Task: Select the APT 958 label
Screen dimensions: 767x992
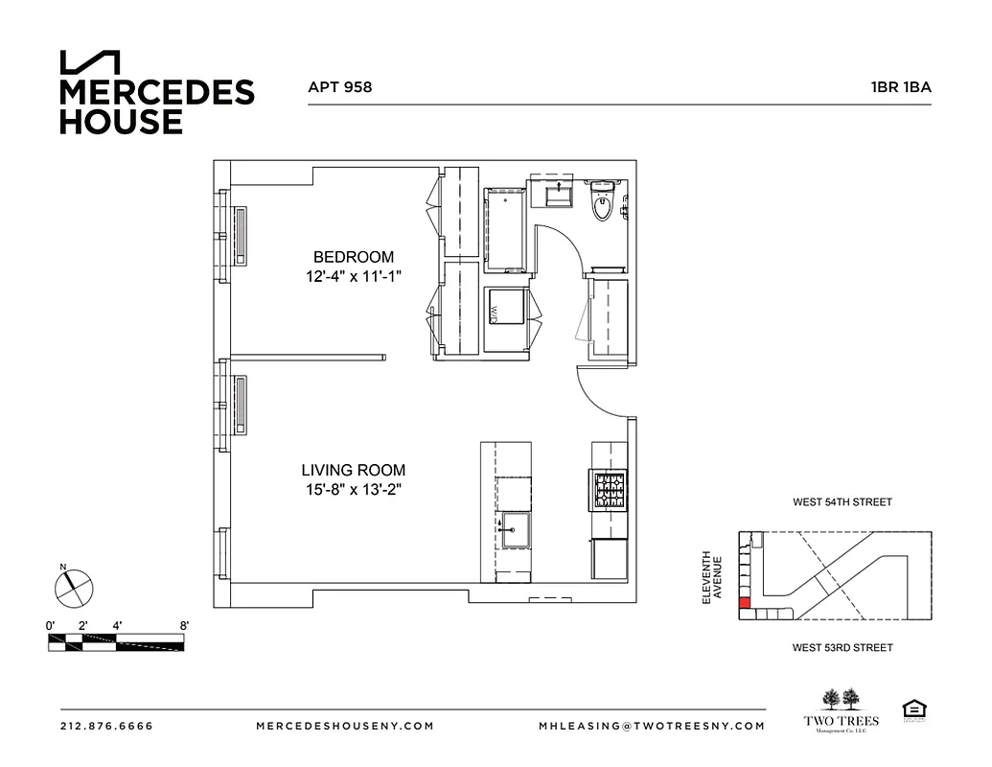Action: click(x=339, y=86)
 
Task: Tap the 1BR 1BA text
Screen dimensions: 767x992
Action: click(x=900, y=86)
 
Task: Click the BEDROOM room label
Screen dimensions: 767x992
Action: click(x=354, y=257)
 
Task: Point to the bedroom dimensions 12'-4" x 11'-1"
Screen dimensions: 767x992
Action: click(x=354, y=276)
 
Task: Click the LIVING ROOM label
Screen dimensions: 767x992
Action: click(x=353, y=471)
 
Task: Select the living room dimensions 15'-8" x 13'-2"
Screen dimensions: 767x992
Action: click(x=353, y=490)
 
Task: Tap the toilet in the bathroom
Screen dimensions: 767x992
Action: click(x=602, y=202)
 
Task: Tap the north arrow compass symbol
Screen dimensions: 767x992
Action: click(x=73, y=586)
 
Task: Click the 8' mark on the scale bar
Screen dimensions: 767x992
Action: click(x=183, y=625)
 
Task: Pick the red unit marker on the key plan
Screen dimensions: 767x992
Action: click(x=743, y=604)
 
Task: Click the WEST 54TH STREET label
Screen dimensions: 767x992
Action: click(x=842, y=502)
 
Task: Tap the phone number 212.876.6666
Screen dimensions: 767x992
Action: click(x=105, y=726)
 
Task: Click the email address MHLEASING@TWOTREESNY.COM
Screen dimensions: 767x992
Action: click(x=652, y=726)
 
